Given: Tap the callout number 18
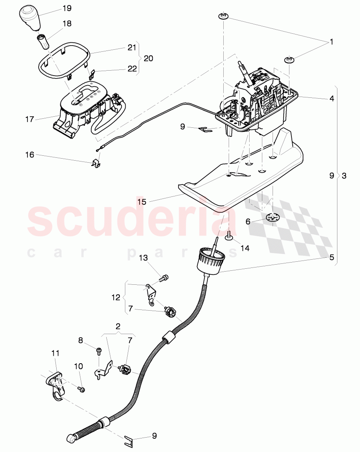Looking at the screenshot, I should coord(66,24).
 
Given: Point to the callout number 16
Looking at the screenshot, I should coord(30,155).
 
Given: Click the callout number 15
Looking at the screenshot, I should coord(142,201).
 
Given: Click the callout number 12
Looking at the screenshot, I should coord(117,297).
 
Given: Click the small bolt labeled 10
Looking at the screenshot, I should coord(81,389).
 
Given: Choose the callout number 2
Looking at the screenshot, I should coord(118,327).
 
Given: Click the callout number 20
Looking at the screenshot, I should coord(148,58).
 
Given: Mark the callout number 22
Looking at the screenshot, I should coord(131,69).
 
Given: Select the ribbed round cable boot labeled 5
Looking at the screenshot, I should coord(210,259).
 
